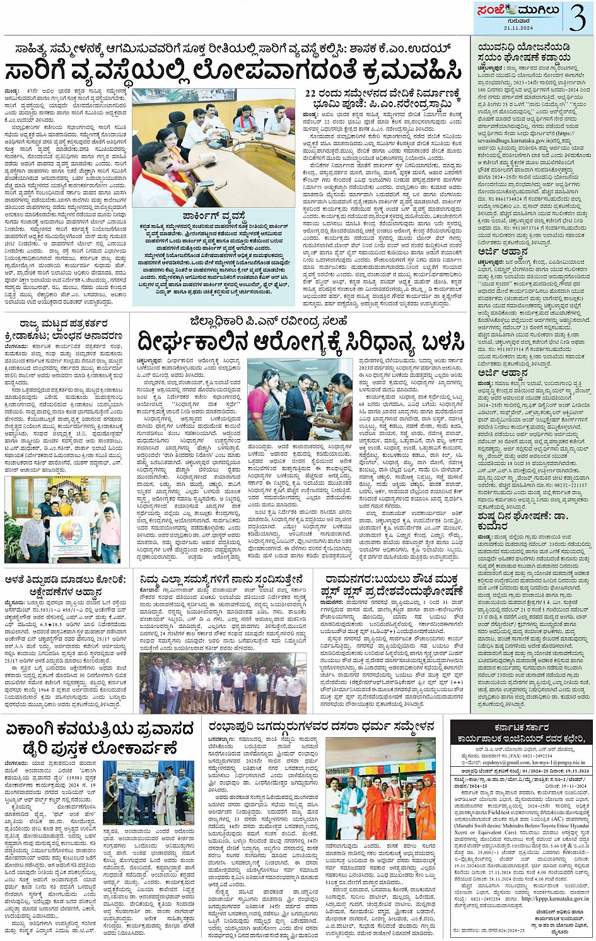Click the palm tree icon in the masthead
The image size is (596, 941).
[x=505, y=9]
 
